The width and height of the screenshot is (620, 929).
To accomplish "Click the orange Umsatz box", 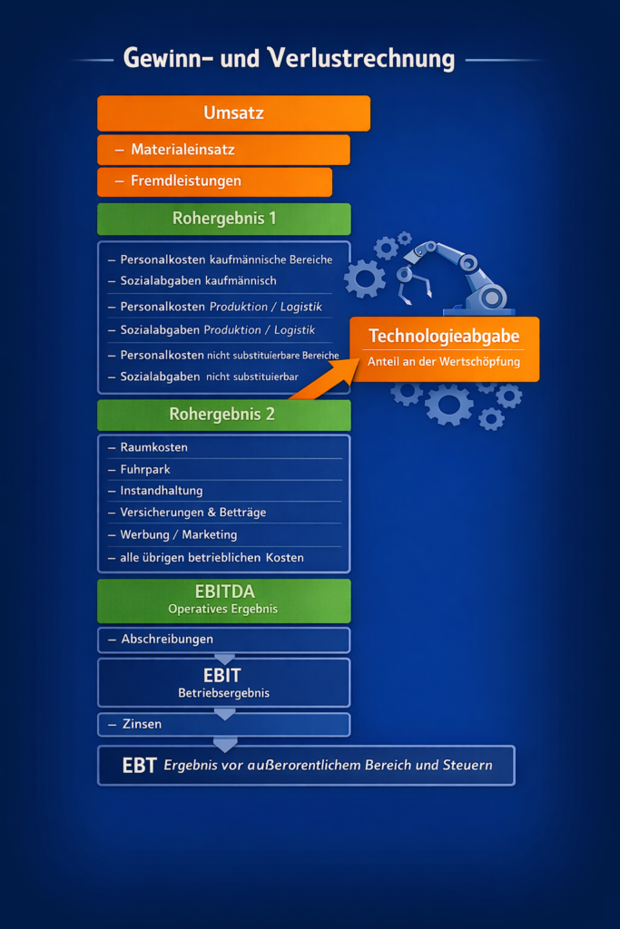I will (233, 113).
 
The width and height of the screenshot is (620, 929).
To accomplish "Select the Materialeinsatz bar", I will (223, 150).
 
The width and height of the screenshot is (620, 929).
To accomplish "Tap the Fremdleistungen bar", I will (214, 181).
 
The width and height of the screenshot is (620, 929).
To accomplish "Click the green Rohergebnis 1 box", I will (223, 219).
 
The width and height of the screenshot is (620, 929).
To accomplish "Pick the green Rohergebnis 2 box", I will (223, 415).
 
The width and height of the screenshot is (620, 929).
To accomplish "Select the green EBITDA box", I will (223, 601).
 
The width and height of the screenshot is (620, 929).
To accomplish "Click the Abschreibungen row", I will (223, 640).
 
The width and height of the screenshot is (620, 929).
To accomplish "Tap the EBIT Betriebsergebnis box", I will (223, 682).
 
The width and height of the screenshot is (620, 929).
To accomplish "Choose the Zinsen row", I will (223, 724).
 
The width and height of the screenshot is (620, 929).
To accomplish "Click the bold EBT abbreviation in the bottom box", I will (140, 766).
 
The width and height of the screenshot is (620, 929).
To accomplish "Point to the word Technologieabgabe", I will (444, 337).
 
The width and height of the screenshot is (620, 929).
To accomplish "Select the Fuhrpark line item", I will (145, 469).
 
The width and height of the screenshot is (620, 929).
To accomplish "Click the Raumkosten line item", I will (154, 447).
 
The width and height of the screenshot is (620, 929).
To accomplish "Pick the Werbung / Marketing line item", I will (179, 534).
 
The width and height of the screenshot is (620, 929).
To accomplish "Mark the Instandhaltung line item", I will (162, 491).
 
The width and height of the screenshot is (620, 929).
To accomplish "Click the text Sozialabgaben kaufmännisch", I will (198, 281).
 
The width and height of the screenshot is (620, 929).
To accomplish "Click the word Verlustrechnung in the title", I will (361, 59).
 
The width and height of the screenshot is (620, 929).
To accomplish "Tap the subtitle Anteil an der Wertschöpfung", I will (444, 362).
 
